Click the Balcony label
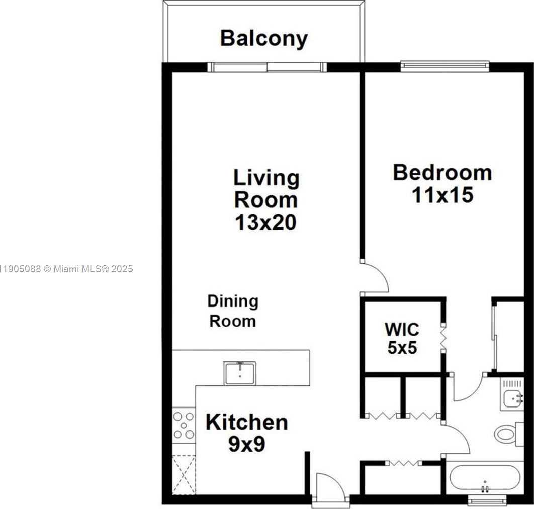point(263,39)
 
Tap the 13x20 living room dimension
point(266,222)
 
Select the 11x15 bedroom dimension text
point(442,195)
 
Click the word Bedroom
point(442,172)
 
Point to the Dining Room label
point(233,311)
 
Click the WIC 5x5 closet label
point(402,338)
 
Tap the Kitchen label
point(246,422)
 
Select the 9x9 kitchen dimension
point(246,444)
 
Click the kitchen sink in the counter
point(240,373)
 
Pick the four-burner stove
point(184,425)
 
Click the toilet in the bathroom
point(506,433)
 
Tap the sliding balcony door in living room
point(267,67)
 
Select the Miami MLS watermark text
point(66,269)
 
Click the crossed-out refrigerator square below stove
point(184,474)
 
